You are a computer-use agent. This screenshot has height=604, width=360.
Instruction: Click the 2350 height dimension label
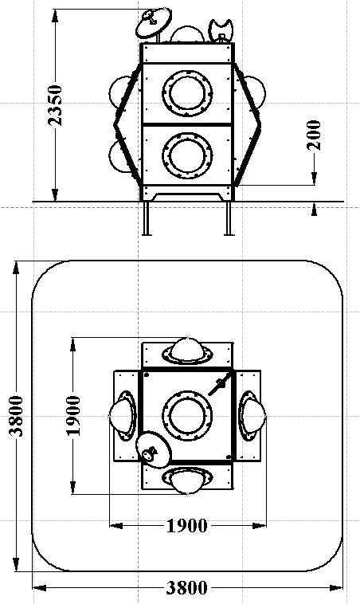point(54,105)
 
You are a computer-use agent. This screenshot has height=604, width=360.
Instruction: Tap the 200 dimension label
point(314,135)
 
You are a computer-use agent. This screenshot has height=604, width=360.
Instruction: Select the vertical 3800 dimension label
point(17,415)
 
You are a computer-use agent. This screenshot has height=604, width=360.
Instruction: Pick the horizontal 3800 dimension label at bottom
point(186,588)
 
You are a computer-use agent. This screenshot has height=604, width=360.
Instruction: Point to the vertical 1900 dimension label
point(74,415)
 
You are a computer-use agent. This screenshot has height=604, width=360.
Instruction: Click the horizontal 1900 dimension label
point(186,525)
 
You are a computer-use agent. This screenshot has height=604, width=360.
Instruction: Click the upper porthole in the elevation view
point(187,93)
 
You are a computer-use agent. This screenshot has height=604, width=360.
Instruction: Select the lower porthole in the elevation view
point(187,155)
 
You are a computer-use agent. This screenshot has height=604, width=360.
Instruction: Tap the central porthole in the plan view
point(187,416)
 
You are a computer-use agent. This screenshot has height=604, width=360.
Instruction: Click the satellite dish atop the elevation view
point(154,23)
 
